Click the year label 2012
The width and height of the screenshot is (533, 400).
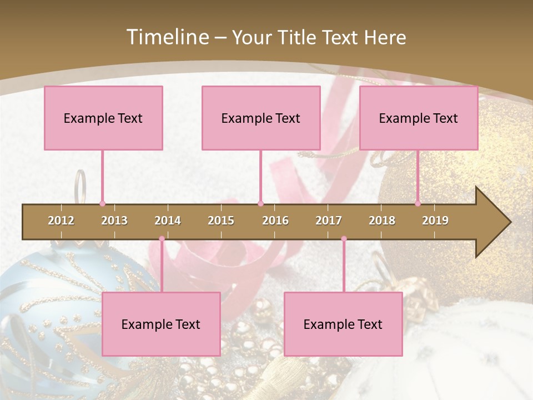pos(61,221)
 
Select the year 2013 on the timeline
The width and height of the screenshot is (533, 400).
pos(114,221)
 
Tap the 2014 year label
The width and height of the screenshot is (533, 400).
pos(168,221)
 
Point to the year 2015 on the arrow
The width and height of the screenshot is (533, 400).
pos(221,221)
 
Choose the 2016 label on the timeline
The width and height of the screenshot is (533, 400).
pos(275,221)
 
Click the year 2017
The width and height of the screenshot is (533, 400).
pos(329,221)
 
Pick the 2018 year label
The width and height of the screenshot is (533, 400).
pos(382,221)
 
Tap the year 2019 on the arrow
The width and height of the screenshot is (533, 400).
pos(435,221)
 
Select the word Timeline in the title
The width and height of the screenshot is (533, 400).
pos(167,37)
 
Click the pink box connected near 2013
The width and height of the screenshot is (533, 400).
pos(103,118)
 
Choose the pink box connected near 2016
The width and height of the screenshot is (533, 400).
pos(261,118)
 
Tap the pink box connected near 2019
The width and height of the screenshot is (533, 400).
pos(419,118)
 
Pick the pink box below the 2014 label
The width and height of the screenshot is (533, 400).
pos(161,324)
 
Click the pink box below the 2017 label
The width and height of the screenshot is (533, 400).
pos(343,324)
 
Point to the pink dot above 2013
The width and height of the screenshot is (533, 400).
pos(102,203)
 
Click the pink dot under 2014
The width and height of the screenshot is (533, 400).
pos(162,239)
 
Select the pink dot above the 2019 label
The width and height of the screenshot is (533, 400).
pos(418,203)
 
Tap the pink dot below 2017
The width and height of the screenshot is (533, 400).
pos(344,239)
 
